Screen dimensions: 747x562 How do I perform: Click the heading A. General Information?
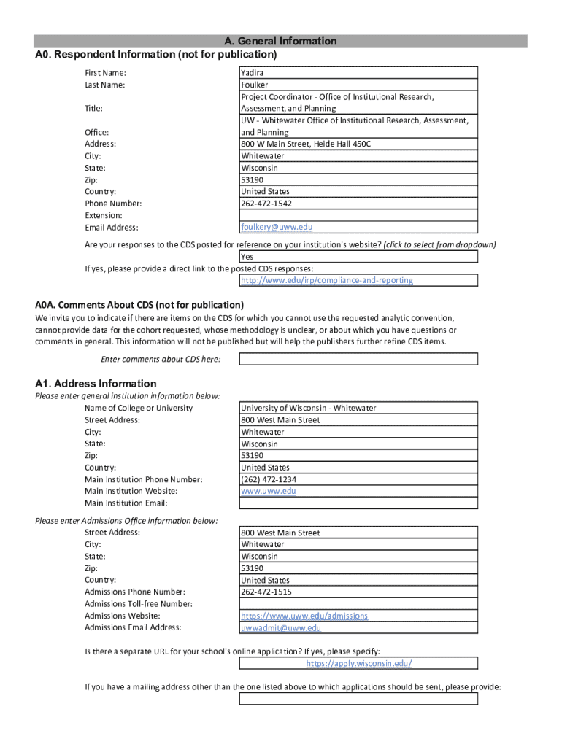(280, 42)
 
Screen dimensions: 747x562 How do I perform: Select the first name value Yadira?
(253, 73)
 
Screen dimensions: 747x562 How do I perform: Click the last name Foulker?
(255, 85)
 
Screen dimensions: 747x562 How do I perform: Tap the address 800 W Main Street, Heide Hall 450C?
(306, 144)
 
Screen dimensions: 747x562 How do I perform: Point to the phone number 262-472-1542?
(266, 204)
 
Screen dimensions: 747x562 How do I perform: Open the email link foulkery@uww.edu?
(277, 228)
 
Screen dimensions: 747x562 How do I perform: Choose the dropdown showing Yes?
(358, 257)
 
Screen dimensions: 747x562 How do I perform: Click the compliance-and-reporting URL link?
(327, 280)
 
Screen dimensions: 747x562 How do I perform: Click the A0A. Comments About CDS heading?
(139, 305)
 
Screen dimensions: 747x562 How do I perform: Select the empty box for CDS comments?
(358, 359)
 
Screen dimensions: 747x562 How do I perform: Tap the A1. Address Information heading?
(96, 384)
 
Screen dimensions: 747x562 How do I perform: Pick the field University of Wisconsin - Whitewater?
(309, 409)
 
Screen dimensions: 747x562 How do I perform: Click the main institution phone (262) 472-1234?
(269, 480)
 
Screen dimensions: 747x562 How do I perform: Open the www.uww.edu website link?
(269, 492)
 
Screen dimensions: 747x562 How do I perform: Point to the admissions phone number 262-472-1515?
(266, 592)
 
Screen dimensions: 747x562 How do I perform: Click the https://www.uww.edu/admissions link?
(304, 616)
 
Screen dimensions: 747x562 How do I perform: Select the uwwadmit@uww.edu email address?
(281, 628)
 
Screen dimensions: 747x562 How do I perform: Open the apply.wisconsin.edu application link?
(359, 664)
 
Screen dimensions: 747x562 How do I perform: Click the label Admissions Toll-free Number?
(139, 604)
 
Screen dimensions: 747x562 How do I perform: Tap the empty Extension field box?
(358, 216)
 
